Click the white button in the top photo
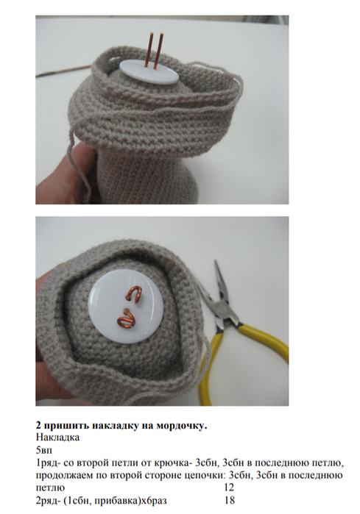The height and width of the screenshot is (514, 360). tap(149, 73)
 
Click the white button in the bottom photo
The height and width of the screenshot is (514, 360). tap(126, 308)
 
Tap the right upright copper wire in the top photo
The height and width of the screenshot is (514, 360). tap(158, 51)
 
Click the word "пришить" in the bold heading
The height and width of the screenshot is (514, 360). tap(65, 426)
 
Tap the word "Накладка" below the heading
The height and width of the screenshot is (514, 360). tap(57, 438)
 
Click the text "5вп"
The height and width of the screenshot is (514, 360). tap(44, 450)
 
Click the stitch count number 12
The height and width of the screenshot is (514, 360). tap(230, 488)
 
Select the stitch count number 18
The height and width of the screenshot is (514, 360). tap(230, 500)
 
